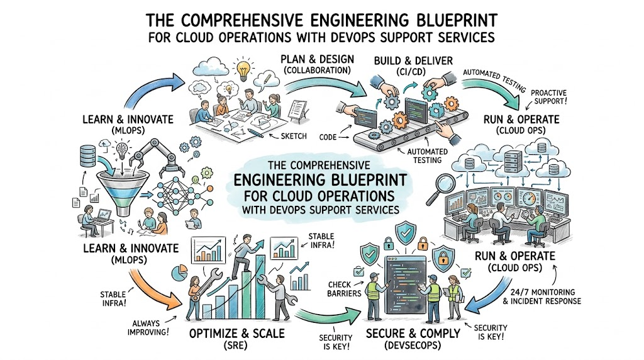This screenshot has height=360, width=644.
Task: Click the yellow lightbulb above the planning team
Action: tap(243, 70)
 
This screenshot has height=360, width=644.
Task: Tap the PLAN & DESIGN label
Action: tap(317, 59)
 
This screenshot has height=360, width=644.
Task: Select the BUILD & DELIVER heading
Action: tap(413, 61)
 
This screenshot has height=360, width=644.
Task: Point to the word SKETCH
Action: tap(294, 136)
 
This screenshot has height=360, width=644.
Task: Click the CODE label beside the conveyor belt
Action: tap(328, 137)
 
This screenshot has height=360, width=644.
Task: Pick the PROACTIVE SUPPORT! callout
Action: tap(548, 96)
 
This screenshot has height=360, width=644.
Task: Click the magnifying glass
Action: tap(440, 188)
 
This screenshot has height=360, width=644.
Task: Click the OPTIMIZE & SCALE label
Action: tap(237, 333)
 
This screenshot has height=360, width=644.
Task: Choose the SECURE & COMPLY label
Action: tap(413, 333)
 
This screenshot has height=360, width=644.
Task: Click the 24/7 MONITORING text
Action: tap(543, 292)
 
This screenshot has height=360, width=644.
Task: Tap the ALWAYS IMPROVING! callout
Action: tap(148, 327)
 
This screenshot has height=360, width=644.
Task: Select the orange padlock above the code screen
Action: tap(423, 244)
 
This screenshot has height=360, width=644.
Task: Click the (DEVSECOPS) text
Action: tap(412, 346)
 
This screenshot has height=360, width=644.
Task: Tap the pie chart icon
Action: tap(179, 273)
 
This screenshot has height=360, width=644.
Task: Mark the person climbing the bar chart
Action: tap(245, 257)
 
